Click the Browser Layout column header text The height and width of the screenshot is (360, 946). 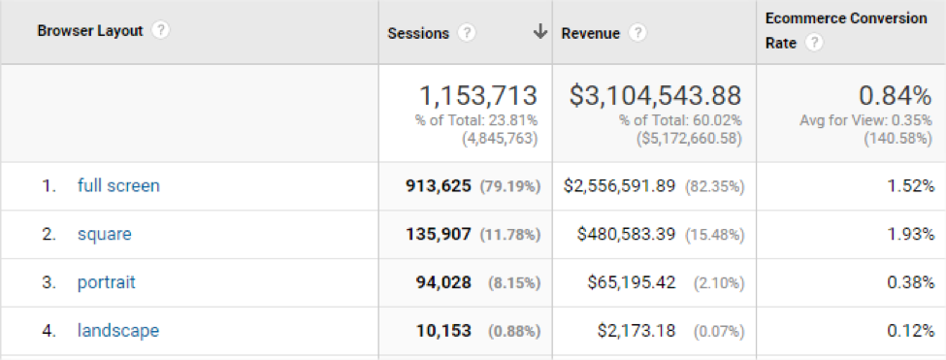click(x=90, y=31)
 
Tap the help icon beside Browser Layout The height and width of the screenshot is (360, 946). click(x=160, y=31)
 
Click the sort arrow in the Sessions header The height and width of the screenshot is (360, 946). click(x=540, y=33)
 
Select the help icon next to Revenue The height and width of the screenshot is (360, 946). click(x=637, y=33)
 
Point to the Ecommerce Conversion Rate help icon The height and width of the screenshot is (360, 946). click(x=814, y=44)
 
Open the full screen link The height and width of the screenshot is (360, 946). click(x=118, y=185)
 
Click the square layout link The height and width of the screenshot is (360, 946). click(x=105, y=234)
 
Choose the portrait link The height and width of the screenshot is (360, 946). click(x=107, y=282)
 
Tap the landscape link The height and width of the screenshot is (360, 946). click(x=118, y=331)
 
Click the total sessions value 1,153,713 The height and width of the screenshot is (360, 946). click(x=477, y=95)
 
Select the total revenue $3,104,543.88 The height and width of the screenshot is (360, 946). click(x=655, y=95)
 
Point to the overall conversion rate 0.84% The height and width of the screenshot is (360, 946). click(x=896, y=95)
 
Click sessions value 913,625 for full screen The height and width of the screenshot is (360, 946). click(x=439, y=186)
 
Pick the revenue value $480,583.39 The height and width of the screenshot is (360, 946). click(x=626, y=235)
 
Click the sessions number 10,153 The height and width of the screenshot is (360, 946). click(x=444, y=331)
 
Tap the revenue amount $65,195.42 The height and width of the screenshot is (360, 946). click(x=632, y=282)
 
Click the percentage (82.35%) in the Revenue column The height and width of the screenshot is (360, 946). click(x=715, y=187)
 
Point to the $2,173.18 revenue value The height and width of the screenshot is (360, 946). click(x=636, y=331)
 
